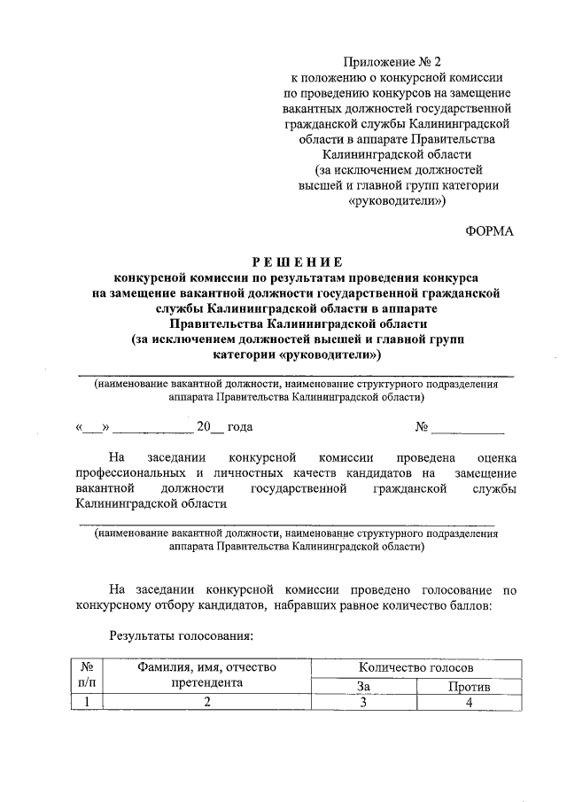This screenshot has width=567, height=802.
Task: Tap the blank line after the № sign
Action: click(x=467, y=428)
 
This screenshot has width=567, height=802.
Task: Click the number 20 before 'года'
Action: click(x=204, y=426)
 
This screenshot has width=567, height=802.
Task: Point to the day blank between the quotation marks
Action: click(x=92, y=428)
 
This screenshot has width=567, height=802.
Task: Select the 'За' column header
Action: click(x=362, y=685)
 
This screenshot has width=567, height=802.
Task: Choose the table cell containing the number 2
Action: click(x=206, y=703)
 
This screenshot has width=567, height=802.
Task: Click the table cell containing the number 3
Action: click(x=362, y=703)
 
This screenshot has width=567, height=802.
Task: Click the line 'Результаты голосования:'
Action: click(x=182, y=635)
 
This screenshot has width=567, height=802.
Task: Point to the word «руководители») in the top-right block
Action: click(x=398, y=201)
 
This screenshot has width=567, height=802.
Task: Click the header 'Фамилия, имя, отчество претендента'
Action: click(x=206, y=675)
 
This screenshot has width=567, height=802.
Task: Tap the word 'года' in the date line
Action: click(x=240, y=426)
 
